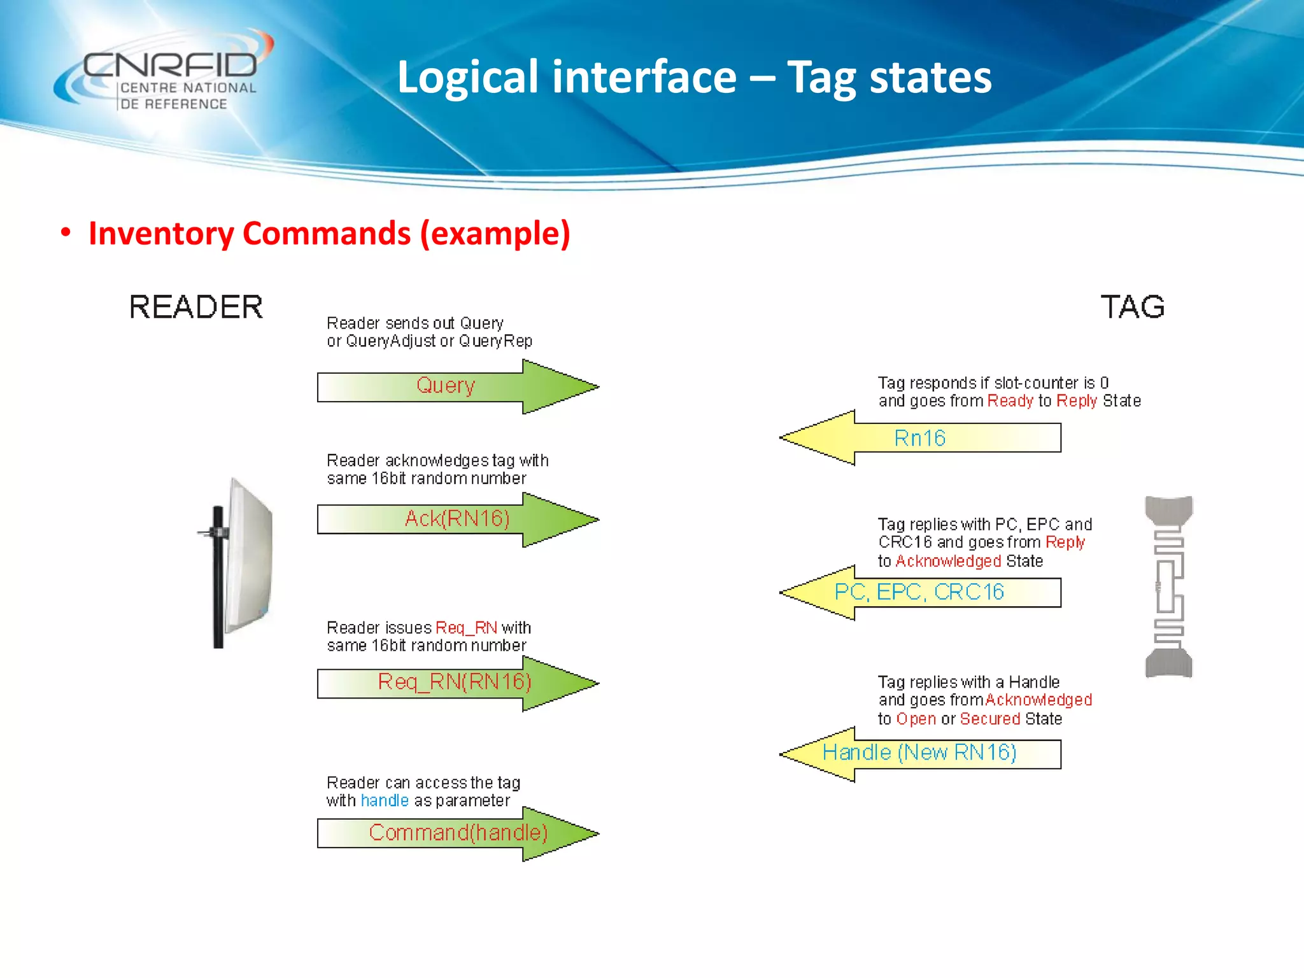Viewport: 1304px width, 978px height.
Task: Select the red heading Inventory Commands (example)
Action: click(329, 233)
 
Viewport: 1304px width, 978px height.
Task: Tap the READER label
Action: click(196, 308)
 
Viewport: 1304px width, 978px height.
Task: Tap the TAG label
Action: click(1133, 308)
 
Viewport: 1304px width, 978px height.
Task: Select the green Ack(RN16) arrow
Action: click(457, 520)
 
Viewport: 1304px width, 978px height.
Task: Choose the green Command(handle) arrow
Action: click(458, 833)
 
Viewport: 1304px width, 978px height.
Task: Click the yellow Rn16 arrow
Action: click(920, 438)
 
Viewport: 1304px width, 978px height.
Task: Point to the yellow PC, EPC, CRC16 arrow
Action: click(919, 593)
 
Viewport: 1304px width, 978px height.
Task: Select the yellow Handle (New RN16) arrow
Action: click(919, 754)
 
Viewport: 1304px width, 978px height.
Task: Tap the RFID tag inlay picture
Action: click(1168, 586)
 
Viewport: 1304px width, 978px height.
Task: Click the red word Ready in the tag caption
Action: click(1010, 401)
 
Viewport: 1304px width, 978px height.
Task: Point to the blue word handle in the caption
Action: click(385, 801)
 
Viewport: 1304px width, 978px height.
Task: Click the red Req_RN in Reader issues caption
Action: click(466, 628)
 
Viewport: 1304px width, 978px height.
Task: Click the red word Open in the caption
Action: click(916, 719)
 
